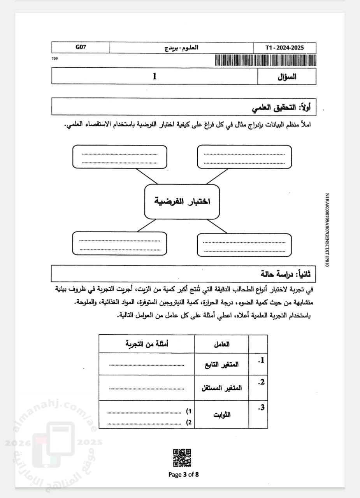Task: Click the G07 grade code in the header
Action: click(x=81, y=47)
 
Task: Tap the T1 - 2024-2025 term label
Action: click(x=284, y=48)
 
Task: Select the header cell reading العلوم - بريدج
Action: click(x=181, y=48)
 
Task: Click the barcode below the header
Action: click(x=265, y=60)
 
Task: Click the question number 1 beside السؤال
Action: click(x=155, y=76)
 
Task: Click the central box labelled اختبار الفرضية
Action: click(x=182, y=202)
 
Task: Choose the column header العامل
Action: click(x=222, y=344)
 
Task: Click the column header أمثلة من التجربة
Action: click(x=147, y=344)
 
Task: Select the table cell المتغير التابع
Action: click(x=222, y=365)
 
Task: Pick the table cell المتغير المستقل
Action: click(x=222, y=388)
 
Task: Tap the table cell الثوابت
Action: click(x=222, y=414)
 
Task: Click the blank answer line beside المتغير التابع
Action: click(x=146, y=365)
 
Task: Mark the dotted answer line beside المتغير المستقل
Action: click(x=146, y=388)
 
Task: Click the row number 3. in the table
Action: click(x=261, y=408)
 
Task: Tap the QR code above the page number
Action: click(x=182, y=458)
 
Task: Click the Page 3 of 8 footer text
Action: click(x=184, y=474)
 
